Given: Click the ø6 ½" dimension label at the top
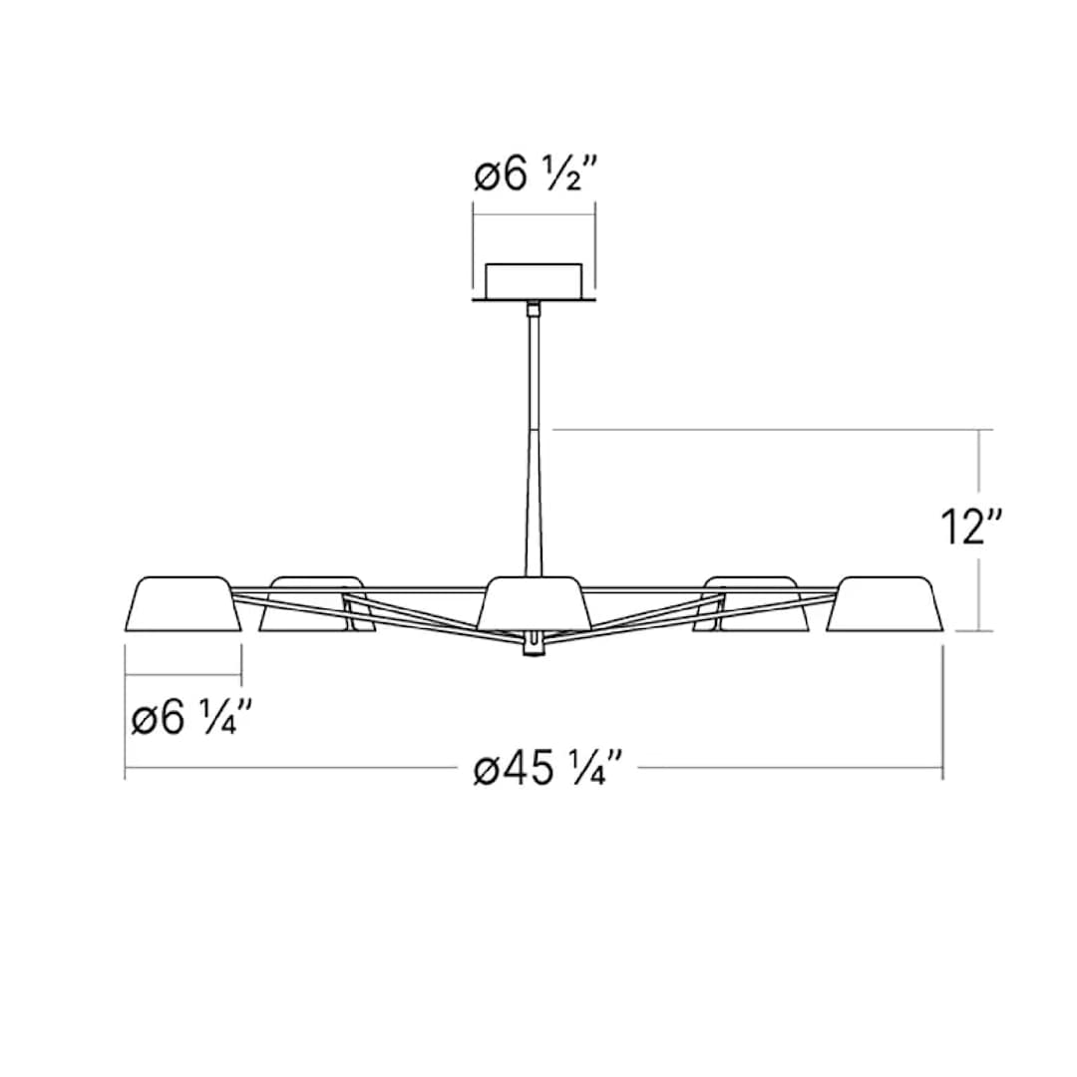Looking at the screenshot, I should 534,177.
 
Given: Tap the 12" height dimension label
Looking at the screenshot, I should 966,527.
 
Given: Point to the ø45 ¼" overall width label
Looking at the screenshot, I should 547,769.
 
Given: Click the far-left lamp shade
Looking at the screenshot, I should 183,604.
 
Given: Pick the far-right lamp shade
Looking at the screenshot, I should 884,604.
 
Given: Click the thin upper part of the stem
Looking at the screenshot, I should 535,369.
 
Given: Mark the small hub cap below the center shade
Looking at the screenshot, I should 535,646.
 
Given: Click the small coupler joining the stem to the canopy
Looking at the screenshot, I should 535,309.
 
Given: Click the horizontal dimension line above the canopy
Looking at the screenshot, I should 534,214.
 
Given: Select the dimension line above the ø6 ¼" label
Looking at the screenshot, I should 183,675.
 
